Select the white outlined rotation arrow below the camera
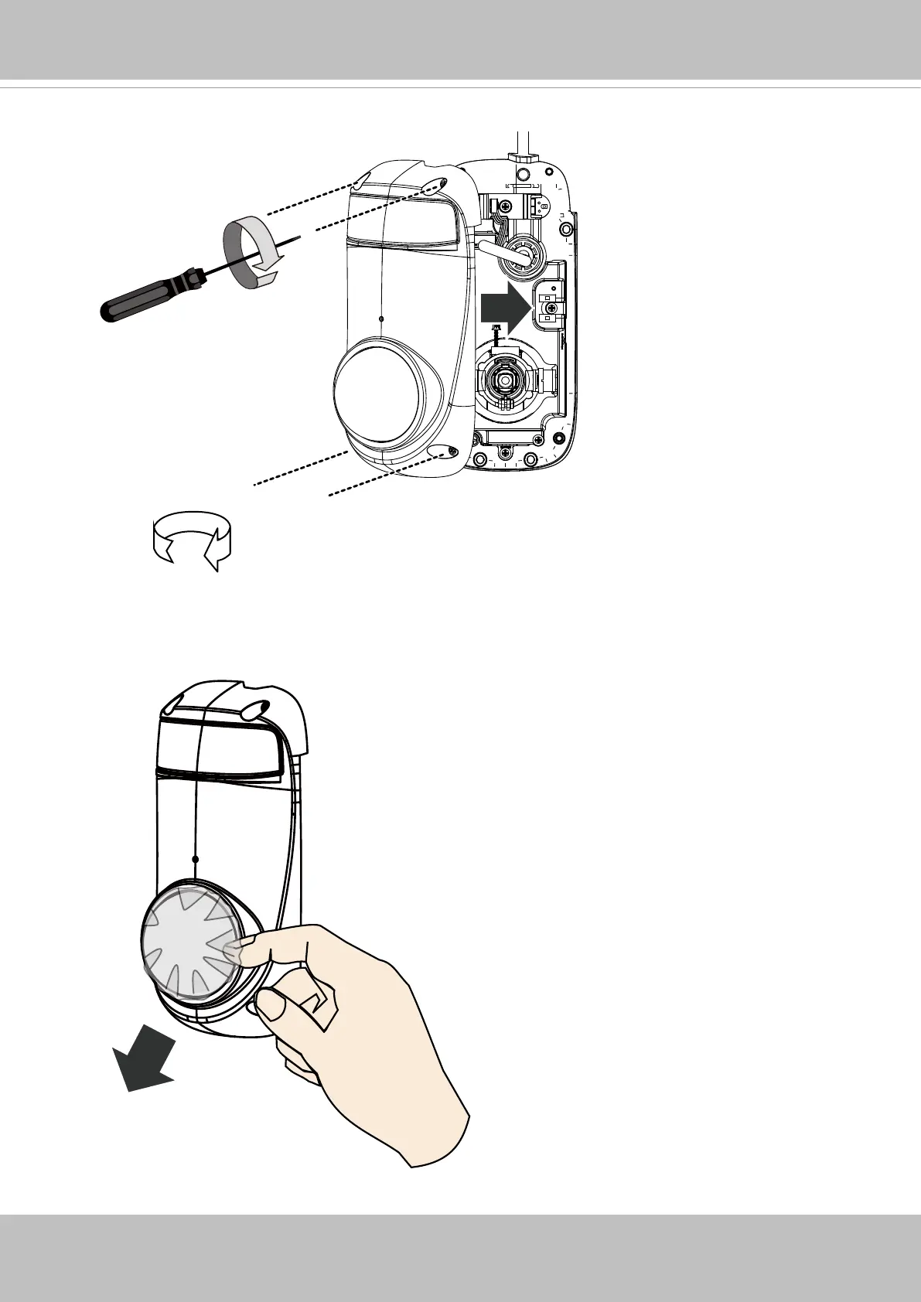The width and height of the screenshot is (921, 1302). [193, 537]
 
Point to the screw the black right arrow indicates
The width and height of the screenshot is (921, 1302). [549, 308]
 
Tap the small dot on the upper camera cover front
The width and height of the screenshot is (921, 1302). [382, 318]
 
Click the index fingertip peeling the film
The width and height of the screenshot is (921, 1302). [236, 950]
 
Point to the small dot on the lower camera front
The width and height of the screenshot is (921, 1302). [196, 859]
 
